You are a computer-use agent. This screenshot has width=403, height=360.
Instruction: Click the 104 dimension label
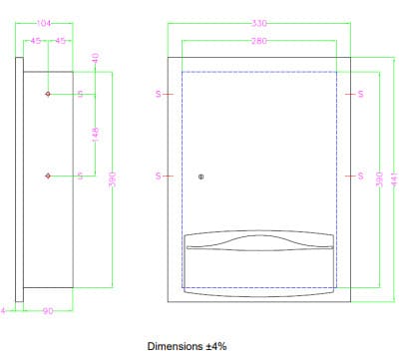coord(44,23)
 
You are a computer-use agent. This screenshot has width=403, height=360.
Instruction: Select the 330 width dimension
coord(259,23)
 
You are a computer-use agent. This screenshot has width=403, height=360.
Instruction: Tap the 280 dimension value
coord(259,41)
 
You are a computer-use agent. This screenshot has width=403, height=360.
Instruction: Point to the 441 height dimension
coord(395,180)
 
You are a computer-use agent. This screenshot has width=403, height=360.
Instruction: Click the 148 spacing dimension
coord(96,135)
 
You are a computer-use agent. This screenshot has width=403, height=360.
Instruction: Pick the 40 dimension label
coord(95,59)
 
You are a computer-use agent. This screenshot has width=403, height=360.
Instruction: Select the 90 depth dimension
coord(48,311)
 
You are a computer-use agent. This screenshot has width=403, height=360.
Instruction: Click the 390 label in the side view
coord(113,180)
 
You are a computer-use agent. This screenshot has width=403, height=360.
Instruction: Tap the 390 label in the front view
coord(379,180)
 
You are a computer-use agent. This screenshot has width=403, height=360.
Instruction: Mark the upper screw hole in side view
coord(48,94)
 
